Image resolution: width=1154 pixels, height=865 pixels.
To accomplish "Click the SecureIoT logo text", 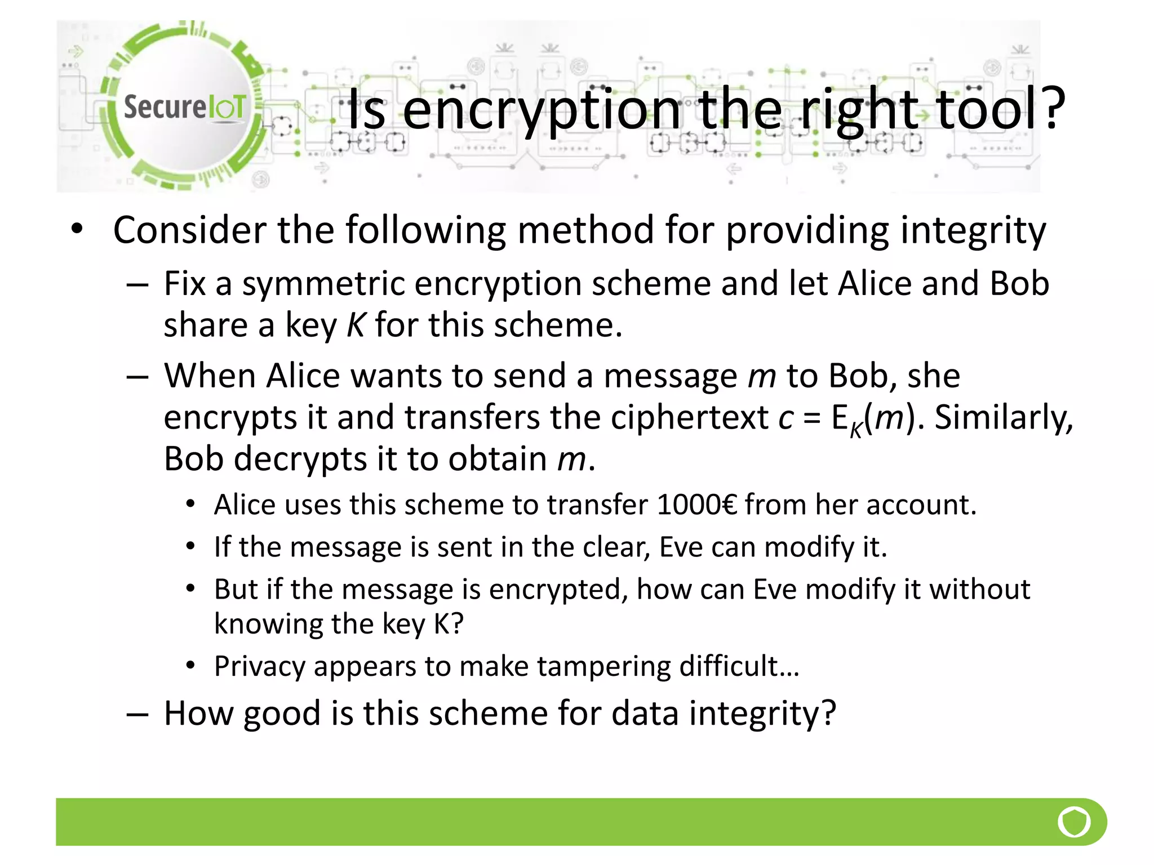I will click(x=184, y=107).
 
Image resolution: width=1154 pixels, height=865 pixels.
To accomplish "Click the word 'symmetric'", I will click(x=323, y=283).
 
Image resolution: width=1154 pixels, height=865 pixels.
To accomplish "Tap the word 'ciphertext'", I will click(x=689, y=418).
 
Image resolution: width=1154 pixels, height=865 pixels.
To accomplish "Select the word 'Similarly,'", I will click(x=1004, y=418).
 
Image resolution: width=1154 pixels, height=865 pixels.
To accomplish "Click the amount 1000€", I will click(x=697, y=505).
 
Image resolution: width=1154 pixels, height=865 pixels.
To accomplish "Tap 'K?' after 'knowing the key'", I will click(x=449, y=624).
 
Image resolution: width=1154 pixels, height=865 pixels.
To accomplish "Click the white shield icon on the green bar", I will click(x=1074, y=822).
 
